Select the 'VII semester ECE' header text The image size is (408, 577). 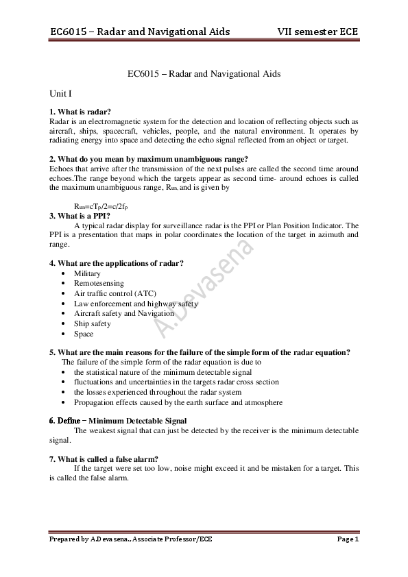click(x=317, y=32)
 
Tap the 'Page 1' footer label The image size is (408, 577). click(x=348, y=540)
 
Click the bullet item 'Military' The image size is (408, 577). click(x=87, y=273)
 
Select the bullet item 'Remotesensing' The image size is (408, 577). click(x=99, y=283)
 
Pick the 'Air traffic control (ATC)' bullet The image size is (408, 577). click(x=115, y=293)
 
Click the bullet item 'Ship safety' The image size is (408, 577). click(x=93, y=323)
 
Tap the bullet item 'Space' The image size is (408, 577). click(x=84, y=334)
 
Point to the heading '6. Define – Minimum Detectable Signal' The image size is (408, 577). click(x=117, y=420)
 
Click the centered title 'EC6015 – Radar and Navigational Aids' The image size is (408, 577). click(x=204, y=73)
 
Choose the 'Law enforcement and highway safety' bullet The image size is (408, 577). click(x=136, y=304)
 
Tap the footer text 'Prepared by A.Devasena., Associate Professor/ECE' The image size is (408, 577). click(x=131, y=540)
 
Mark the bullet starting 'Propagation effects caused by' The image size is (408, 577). click(x=178, y=402)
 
